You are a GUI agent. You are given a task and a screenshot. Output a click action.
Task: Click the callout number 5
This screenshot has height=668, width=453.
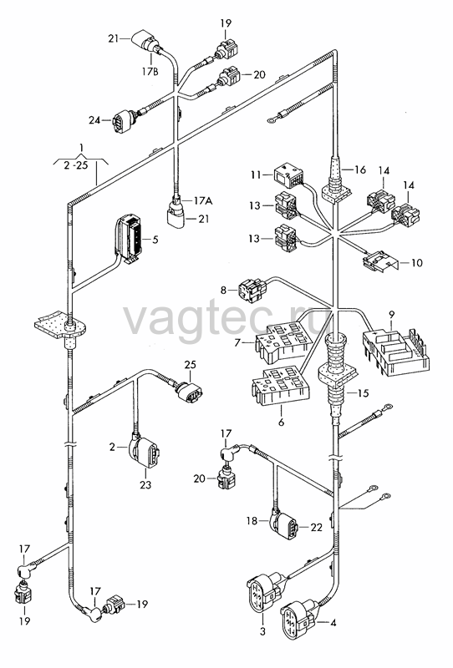155,240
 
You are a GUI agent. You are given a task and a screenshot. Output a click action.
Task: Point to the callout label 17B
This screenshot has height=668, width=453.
150,71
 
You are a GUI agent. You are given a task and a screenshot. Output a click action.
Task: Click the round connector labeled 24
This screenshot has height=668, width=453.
122,120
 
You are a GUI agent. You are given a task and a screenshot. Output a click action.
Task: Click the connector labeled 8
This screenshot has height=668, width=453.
252,290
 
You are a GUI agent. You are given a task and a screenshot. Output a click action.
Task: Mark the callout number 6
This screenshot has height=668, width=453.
281,423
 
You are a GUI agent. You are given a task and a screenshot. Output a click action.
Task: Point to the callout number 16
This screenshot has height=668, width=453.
360,170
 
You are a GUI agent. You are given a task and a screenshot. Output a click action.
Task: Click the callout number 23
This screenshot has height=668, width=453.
146,484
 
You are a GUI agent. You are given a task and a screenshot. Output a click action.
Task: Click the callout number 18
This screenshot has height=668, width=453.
252,520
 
